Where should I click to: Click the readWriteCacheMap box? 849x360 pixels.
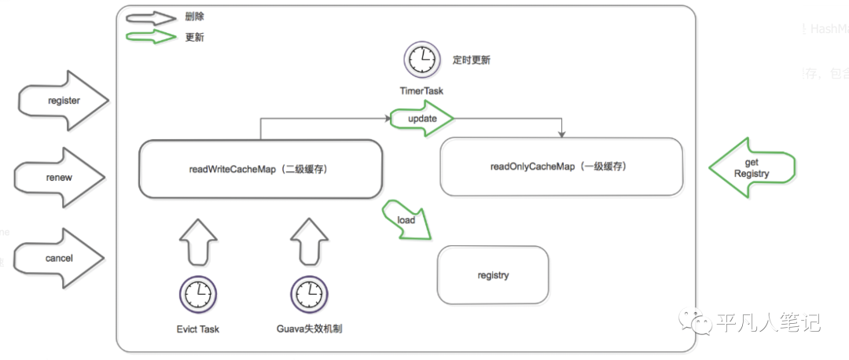click(x=260, y=169)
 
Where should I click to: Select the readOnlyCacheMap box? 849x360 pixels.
click(x=561, y=167)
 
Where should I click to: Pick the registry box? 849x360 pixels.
click(x=493, y=275)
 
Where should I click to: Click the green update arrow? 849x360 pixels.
click(x=421, y=118)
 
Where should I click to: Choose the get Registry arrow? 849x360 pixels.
click(x=752, y=167)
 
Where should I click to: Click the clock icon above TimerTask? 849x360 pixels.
click(x=421, y=60)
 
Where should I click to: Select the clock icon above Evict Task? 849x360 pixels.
click(x=197, y=294)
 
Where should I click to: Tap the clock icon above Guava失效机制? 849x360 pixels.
click(x=308, y=294)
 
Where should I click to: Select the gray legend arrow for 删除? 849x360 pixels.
click(x=150, y=17)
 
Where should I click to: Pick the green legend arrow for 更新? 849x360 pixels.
click(x=150, y=37)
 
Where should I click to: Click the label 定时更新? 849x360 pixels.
click(x=472, y=60)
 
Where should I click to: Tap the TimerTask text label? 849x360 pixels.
click(x=421, y=90)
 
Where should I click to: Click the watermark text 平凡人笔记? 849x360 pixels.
click(x=768, y=322)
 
